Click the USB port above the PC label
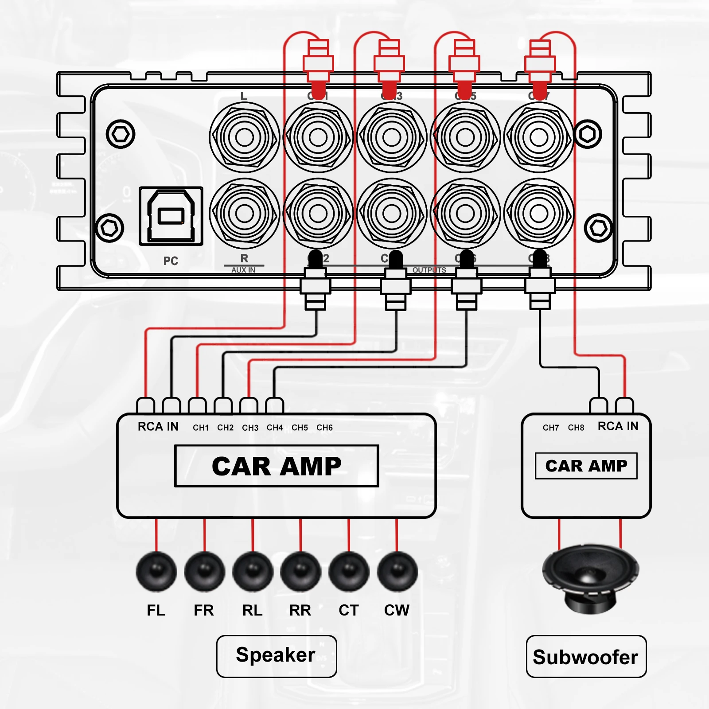[x=171, y=216]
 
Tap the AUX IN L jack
[x=245, y=137]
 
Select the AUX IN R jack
[x=245, y=214]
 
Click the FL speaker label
[x=156, y=610]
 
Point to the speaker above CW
[x=397, y=572]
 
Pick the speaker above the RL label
[x=253, y=572]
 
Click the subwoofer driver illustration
[x=590, y=576]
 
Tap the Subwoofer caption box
[x=586, y=656]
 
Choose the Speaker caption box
[x=276, y=656]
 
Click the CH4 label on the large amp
[x=275, y=428]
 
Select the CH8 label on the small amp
[x=576, y=428]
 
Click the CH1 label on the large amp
[x=201, y=428]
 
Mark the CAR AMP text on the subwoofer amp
[x=586, y=466]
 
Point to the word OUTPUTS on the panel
[x=429, y=270]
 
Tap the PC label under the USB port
[x=171, y=261]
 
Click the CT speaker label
[x=349, y=610]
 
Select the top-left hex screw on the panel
[x=121, y=134]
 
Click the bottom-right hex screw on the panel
[x=598, y=228]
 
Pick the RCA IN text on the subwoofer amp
[x=618, y=426]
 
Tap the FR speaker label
[x=204, y=610]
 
